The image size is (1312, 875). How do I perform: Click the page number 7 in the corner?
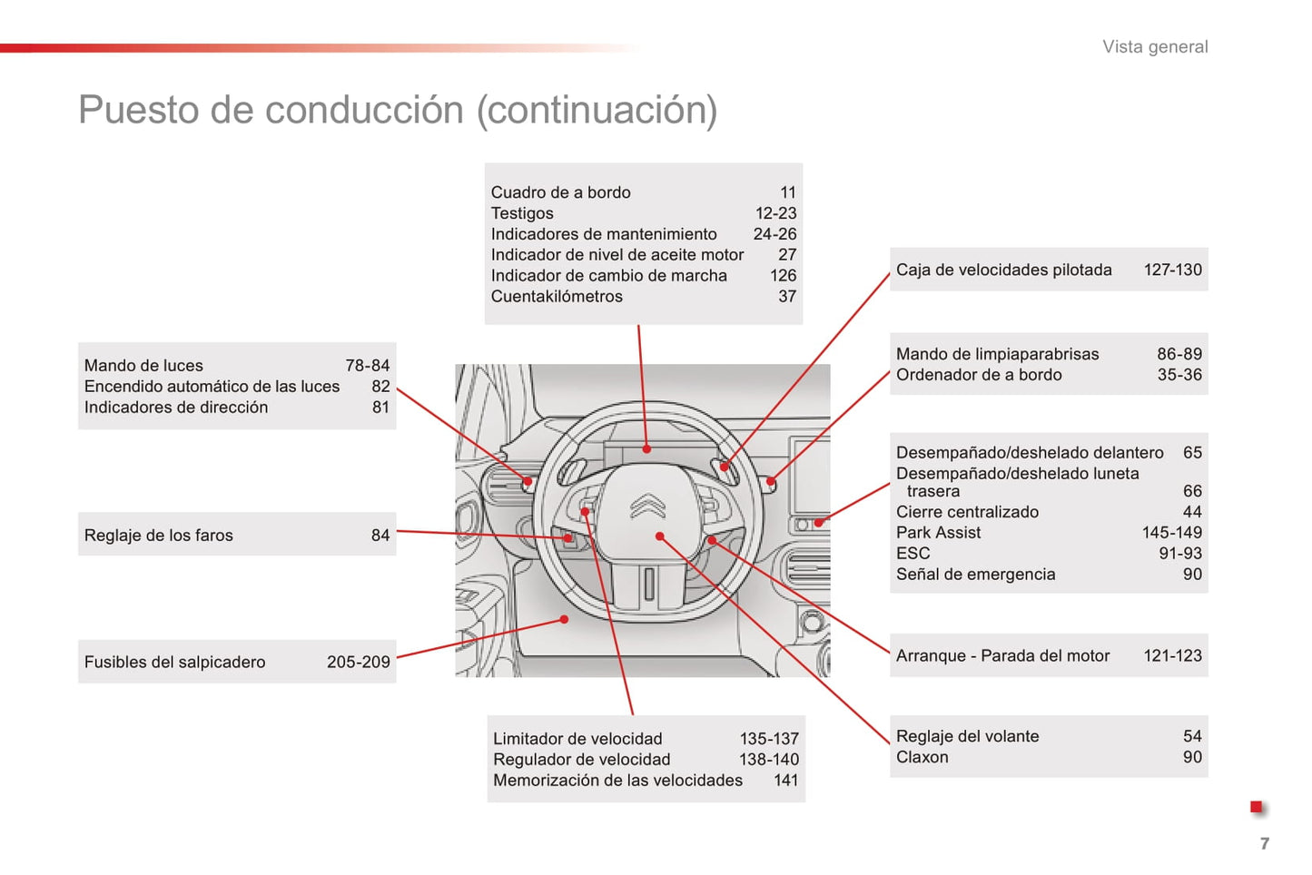coord(1264,843)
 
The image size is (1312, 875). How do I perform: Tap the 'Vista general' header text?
coord(1155,47)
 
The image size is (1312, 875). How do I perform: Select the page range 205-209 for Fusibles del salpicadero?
coord(359,663)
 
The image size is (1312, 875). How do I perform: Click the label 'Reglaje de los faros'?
coord(159,536)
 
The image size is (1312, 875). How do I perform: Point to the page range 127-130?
coord(1172,270)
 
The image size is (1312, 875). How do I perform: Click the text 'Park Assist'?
coord(938,533)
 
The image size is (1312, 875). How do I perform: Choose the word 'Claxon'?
coord(922,757)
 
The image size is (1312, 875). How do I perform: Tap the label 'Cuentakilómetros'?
coord(557,297)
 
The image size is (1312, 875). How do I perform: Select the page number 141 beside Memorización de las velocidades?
coord(785,781)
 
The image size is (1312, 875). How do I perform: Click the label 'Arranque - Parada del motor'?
coord(1002,655)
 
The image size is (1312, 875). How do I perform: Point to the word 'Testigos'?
coord(522,213)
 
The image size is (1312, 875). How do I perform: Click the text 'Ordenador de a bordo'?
coord(979,375)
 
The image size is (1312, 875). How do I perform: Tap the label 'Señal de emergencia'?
coord(975,575)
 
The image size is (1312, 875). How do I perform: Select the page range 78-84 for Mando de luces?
coord(367,366)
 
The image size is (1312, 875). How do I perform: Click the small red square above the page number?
coord(1257,807)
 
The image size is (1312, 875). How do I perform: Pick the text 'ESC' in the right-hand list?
coord(912,554)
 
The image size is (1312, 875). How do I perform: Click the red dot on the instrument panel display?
coord(646,448)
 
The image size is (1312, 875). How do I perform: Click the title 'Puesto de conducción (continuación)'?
coord(398,110)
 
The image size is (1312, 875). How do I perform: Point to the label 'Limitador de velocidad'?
coord(577,739)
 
